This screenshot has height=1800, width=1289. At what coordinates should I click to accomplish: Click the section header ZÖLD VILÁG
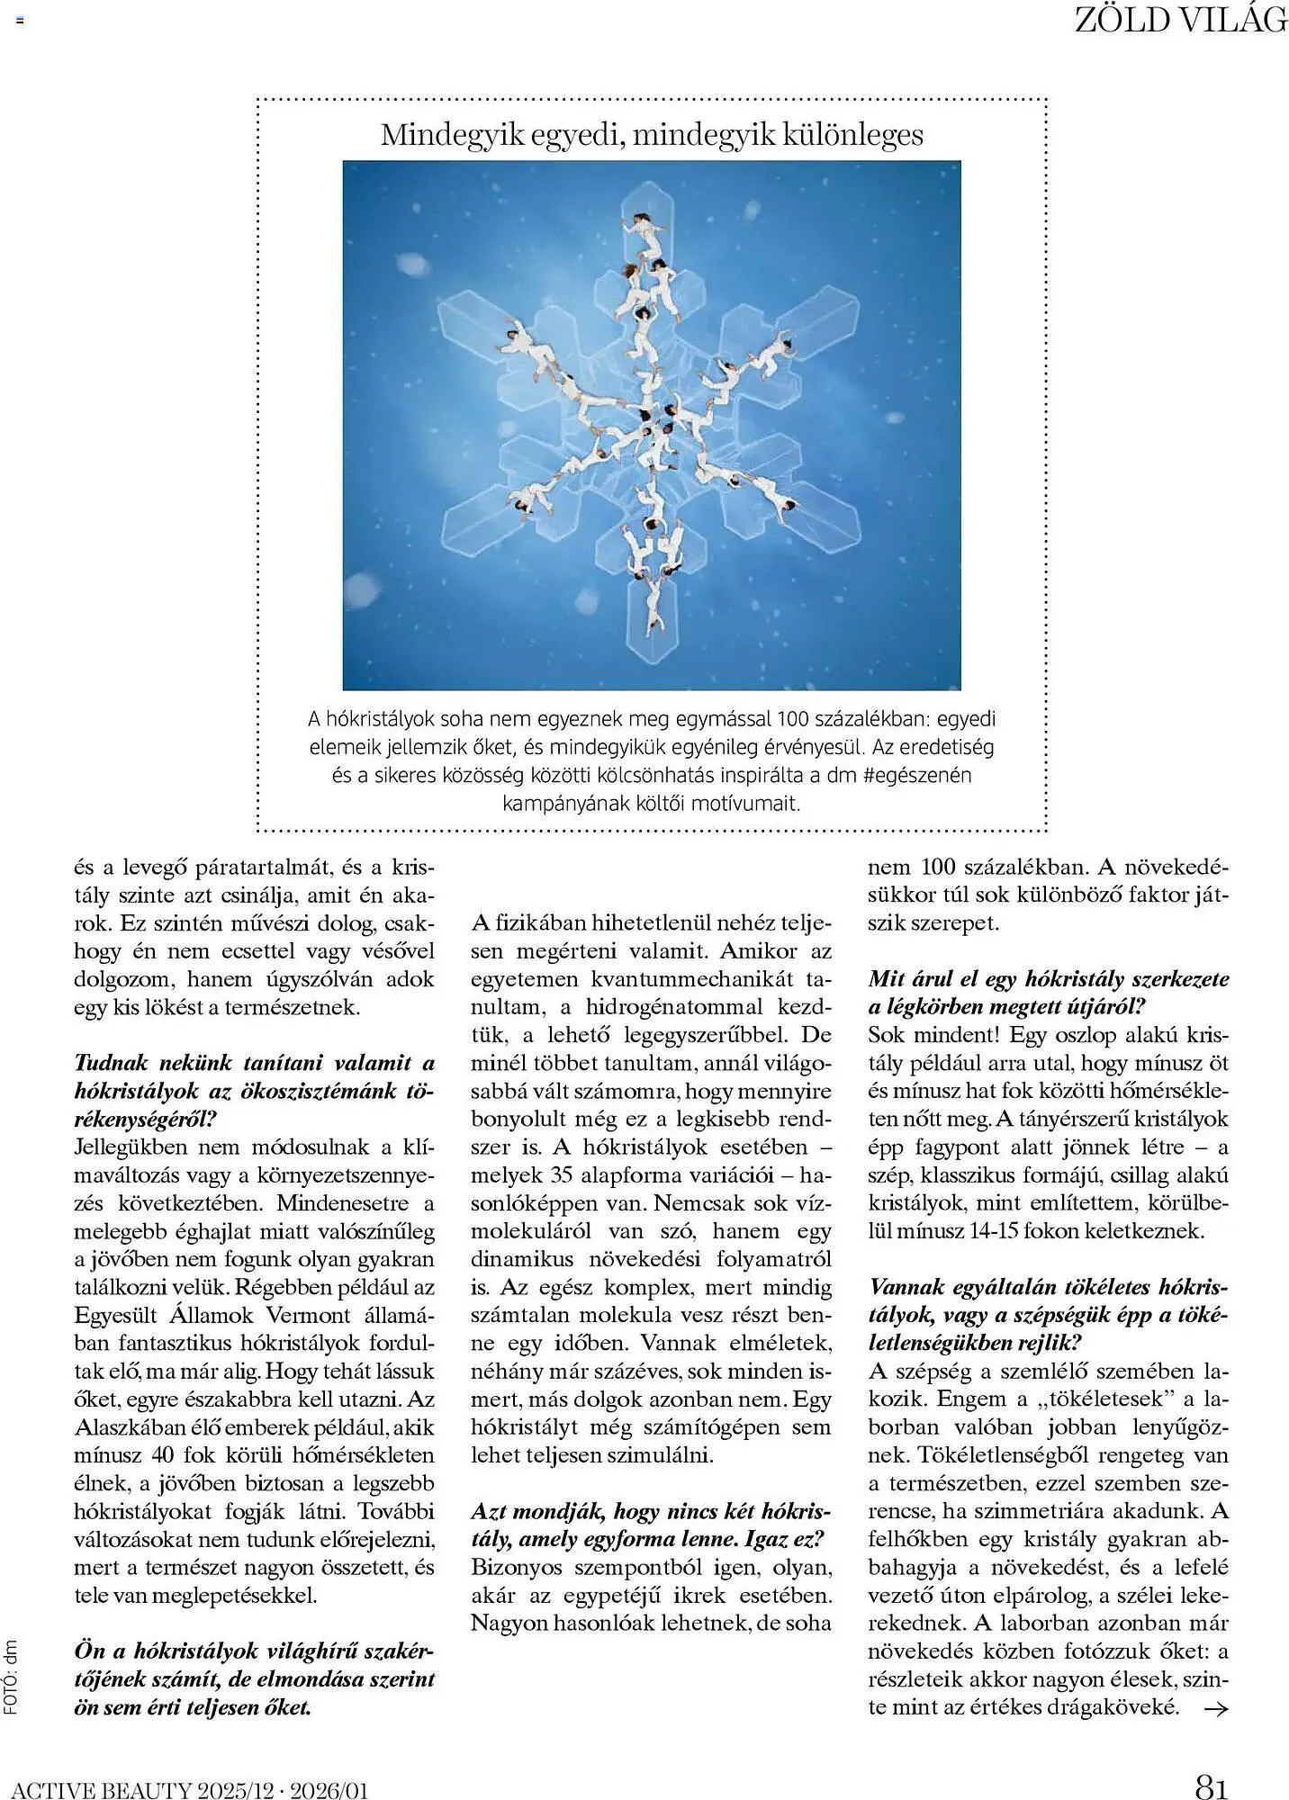point(1180,20)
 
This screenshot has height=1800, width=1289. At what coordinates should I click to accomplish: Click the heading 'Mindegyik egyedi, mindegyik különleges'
point(652,134)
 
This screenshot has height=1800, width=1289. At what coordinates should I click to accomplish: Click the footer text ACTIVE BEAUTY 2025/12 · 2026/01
point(190,1787)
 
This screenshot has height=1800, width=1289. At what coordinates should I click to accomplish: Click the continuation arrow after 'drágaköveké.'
point(1215,1707)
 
